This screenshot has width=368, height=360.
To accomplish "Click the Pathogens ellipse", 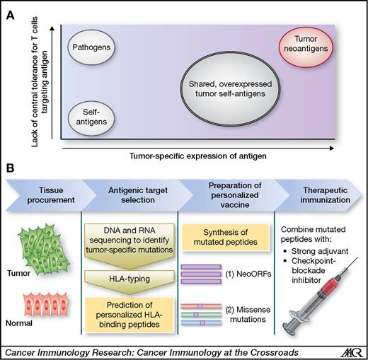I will click(92, 49).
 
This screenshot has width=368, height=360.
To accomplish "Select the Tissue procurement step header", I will click(46, 194).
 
